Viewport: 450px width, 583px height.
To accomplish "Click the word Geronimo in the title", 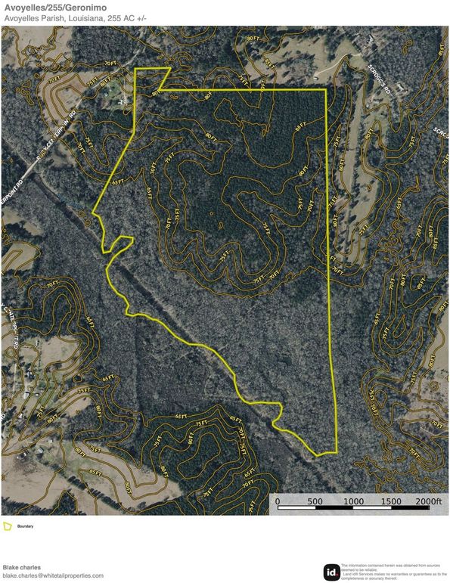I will [82, 7].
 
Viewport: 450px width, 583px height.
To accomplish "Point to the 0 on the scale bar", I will [277, 501].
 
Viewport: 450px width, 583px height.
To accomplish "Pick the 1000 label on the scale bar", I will [352, 501].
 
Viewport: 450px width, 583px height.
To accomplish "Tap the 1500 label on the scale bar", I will [390, 501].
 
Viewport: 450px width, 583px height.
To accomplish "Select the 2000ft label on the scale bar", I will [429, 501].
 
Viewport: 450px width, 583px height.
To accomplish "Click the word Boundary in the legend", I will [25, 526].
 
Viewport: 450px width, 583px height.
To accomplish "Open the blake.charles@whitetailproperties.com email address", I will [53, 575].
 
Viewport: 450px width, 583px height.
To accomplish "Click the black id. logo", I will [331, 572].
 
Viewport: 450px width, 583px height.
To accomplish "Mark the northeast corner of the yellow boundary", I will [326, 90].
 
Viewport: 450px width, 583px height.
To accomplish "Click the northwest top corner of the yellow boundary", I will [135, 70].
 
